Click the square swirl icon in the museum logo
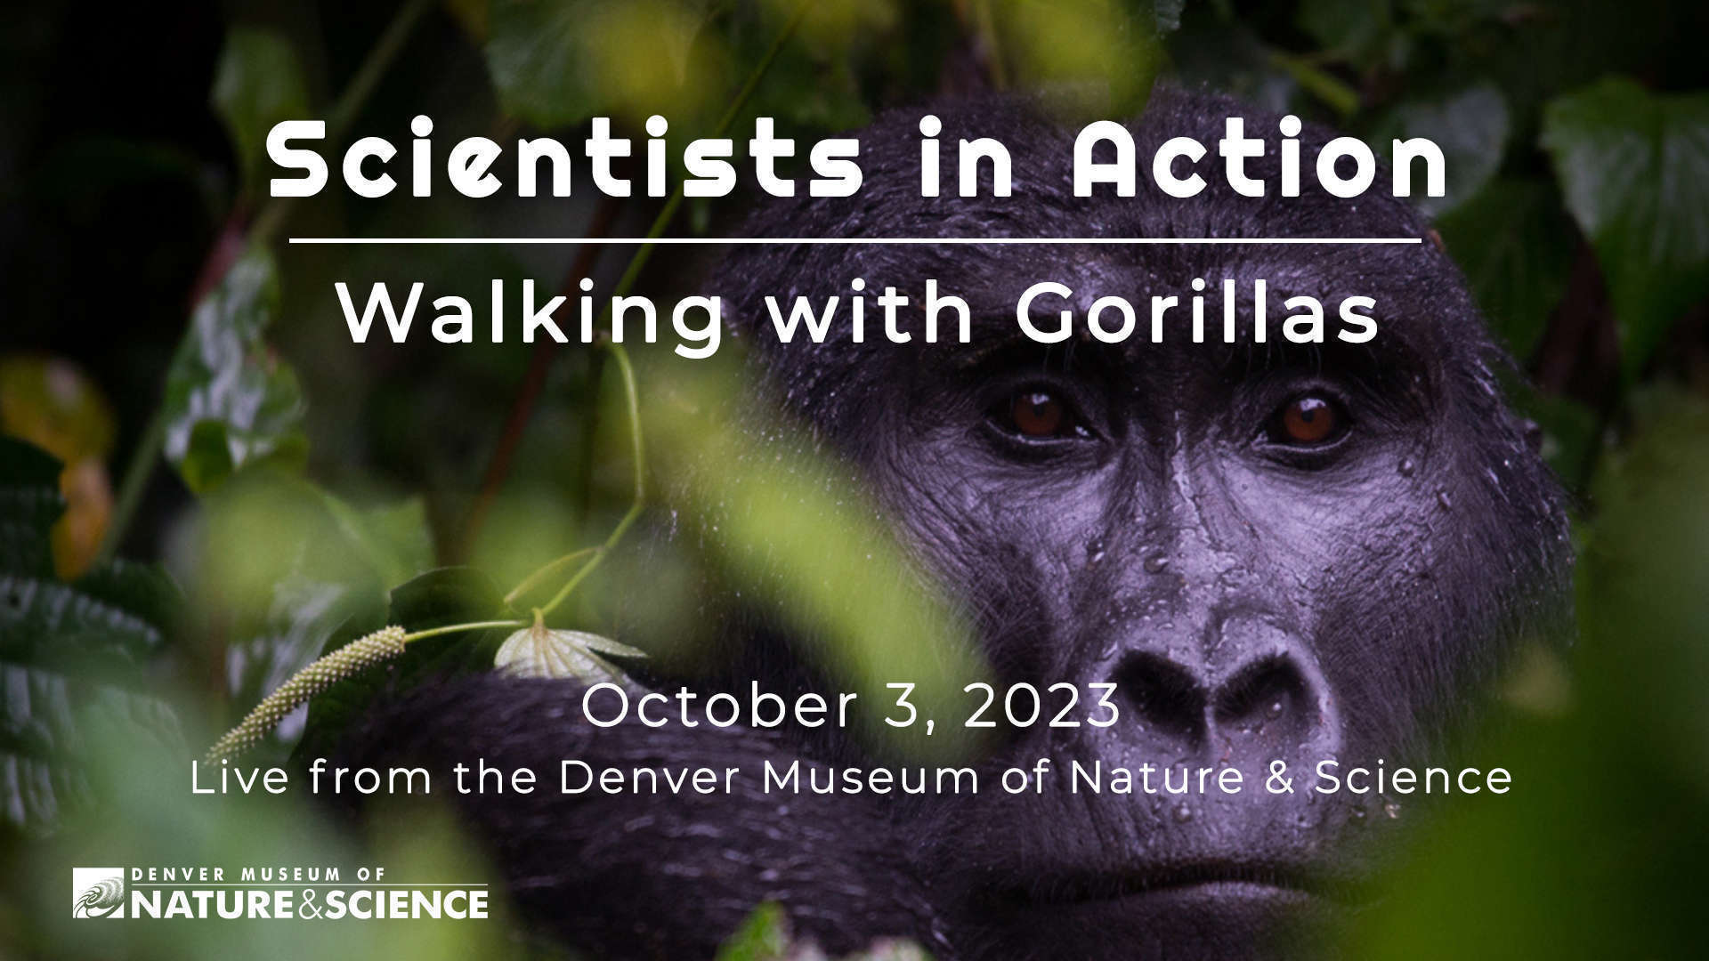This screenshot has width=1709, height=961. click(99, 893)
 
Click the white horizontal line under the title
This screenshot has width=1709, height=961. click(855, 240)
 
